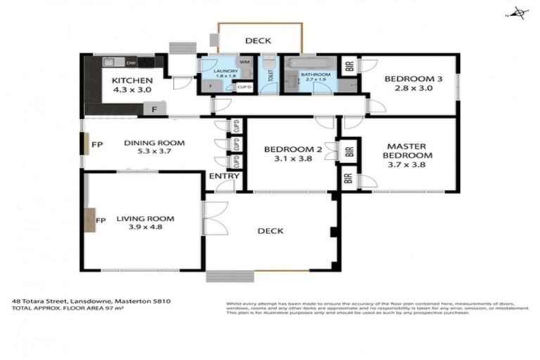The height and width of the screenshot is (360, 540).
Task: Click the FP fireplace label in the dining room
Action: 97,145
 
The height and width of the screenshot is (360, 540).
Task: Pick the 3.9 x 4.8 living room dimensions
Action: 145,228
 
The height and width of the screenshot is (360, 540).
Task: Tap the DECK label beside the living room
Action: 271,231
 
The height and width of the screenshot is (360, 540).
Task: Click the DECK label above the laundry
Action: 258,41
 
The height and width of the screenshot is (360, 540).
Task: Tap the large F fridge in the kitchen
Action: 154,109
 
